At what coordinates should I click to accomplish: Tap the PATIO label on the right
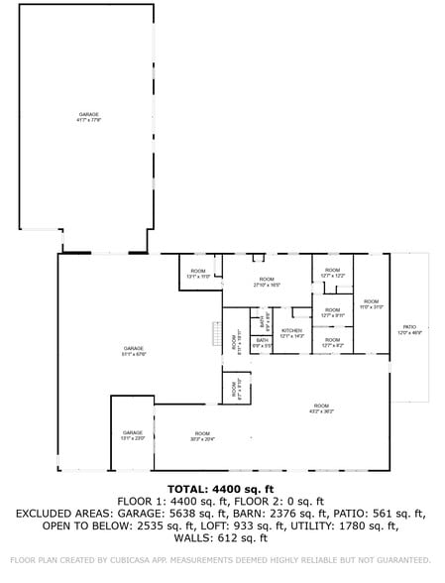point(409,329)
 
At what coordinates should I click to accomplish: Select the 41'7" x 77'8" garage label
point(89,117)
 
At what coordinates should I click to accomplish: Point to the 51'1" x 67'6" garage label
point(134,350)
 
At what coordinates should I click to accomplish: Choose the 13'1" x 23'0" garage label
point(133,435)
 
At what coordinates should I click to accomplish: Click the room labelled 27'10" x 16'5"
point(267,282)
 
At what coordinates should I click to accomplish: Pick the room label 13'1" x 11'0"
point(198,274)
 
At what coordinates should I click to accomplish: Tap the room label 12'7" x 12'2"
point(332,273)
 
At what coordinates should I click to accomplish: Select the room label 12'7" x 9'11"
point(332,313)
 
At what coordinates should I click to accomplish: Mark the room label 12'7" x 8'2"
point(332,342)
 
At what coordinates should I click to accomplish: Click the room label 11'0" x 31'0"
point(371,303)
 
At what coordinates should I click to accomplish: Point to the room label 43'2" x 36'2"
point(321,408)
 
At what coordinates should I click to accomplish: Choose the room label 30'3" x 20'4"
point(202,435)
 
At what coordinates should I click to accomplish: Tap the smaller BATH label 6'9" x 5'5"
point(262,342)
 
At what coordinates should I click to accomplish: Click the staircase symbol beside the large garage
point(215,335)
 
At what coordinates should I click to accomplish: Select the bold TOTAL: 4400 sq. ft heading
point(222,489)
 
